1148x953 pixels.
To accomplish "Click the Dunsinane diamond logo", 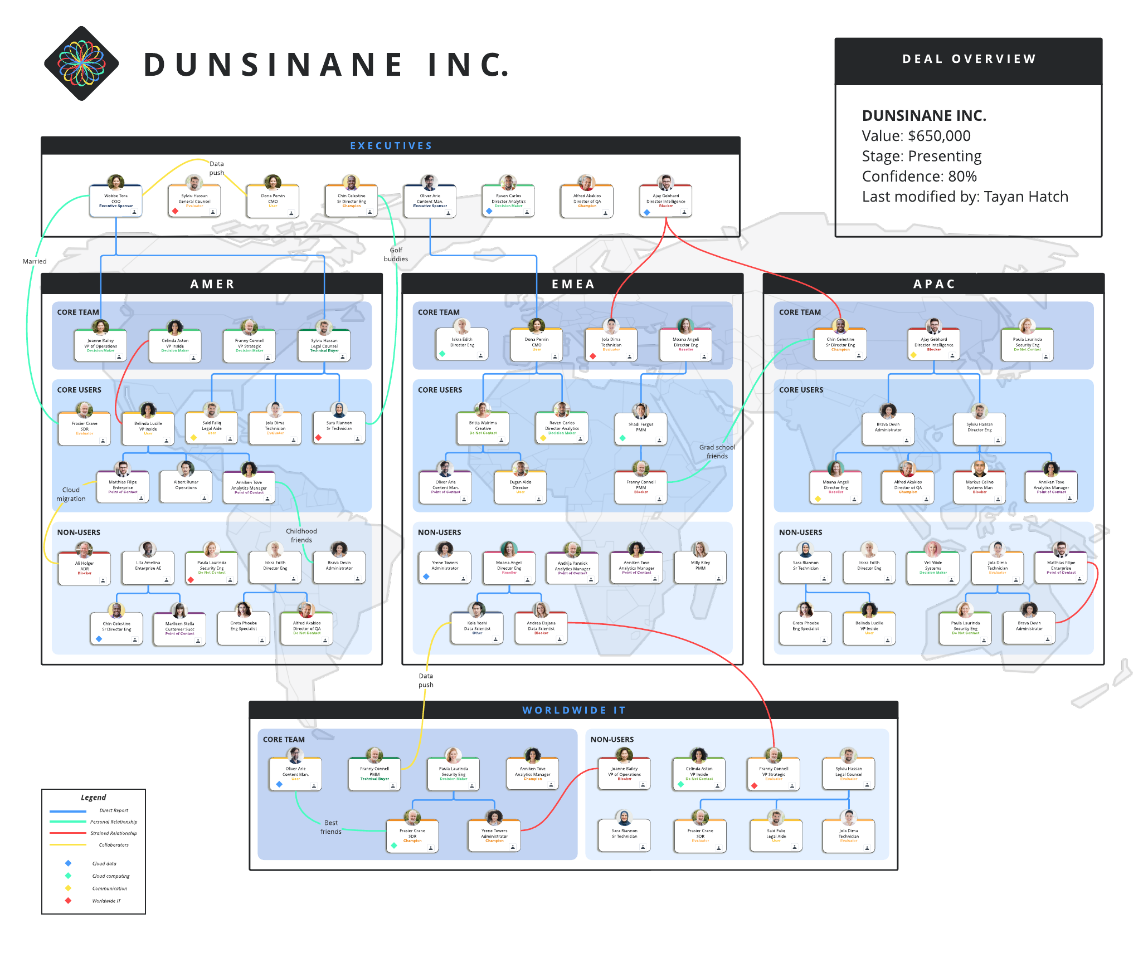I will click(81, 63).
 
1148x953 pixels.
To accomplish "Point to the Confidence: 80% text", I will click(919, 177).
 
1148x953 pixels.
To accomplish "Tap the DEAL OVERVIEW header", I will click(969, 59).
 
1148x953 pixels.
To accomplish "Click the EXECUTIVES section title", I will click(391, 146).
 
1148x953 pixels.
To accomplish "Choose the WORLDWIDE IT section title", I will click(573, 710).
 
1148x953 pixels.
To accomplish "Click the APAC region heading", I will click(934, 284).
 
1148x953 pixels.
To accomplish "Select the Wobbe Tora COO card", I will click(116, 201).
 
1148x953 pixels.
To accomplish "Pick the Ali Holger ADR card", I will click(85, 568).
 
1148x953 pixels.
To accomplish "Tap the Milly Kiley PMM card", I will click(700, 567).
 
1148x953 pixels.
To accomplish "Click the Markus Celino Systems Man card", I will click(979, 487).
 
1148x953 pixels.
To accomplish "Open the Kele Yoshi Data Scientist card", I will click(477, 628).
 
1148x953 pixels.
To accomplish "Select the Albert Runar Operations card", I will click(186, 487).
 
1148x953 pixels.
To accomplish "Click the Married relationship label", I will click(35, 261).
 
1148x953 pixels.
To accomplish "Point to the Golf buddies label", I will click(396, 255).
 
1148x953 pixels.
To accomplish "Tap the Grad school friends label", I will click(717, 452).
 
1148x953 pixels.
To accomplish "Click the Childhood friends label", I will click(301, 536).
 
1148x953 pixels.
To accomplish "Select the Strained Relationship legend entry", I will click(113, 833).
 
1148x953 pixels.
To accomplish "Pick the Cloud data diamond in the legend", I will click(68, 863).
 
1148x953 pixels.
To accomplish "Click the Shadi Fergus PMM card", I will click(641, 429).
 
